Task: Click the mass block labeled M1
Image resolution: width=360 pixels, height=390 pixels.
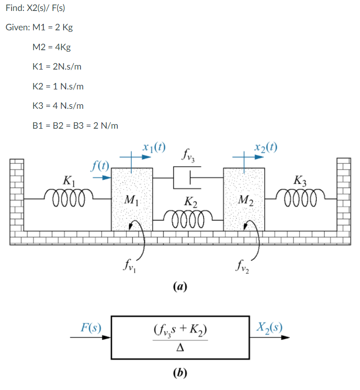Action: point(131,199)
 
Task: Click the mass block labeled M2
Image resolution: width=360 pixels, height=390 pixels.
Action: point(244,199)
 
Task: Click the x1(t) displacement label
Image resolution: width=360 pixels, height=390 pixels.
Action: point(154,147)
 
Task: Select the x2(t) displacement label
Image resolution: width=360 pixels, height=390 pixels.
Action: point(265,147)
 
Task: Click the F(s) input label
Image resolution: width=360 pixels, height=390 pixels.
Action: point(90,327)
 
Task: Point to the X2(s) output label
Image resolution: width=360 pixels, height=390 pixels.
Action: point(270,327)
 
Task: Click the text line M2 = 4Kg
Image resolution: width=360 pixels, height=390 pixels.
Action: point(51,47)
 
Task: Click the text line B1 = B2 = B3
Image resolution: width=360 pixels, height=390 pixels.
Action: point(75,126)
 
